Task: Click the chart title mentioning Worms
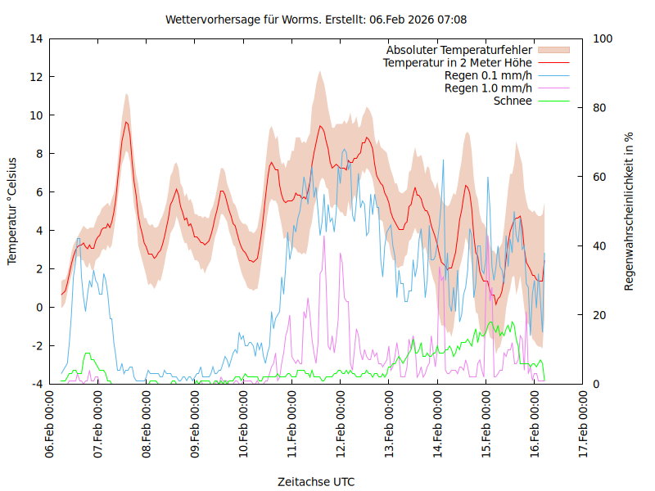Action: pos(316,19)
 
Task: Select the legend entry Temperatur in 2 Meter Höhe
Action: pos(458,63)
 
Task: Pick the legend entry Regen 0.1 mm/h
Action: pos(488,76)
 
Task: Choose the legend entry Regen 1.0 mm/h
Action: pos(488,88)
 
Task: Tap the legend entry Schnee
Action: pos(513,101)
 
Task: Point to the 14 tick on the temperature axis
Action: pos(36,38)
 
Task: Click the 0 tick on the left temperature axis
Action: pos(39,308)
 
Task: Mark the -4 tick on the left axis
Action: pos(36,384)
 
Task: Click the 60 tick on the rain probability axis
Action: pos(599,177)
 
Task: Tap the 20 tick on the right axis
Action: pos(599,315)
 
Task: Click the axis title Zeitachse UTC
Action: pos(316,481)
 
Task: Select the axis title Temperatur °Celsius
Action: pos(12,210)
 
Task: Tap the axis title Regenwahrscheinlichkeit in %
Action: pos(629,211)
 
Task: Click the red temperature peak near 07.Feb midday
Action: pos(126,123)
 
